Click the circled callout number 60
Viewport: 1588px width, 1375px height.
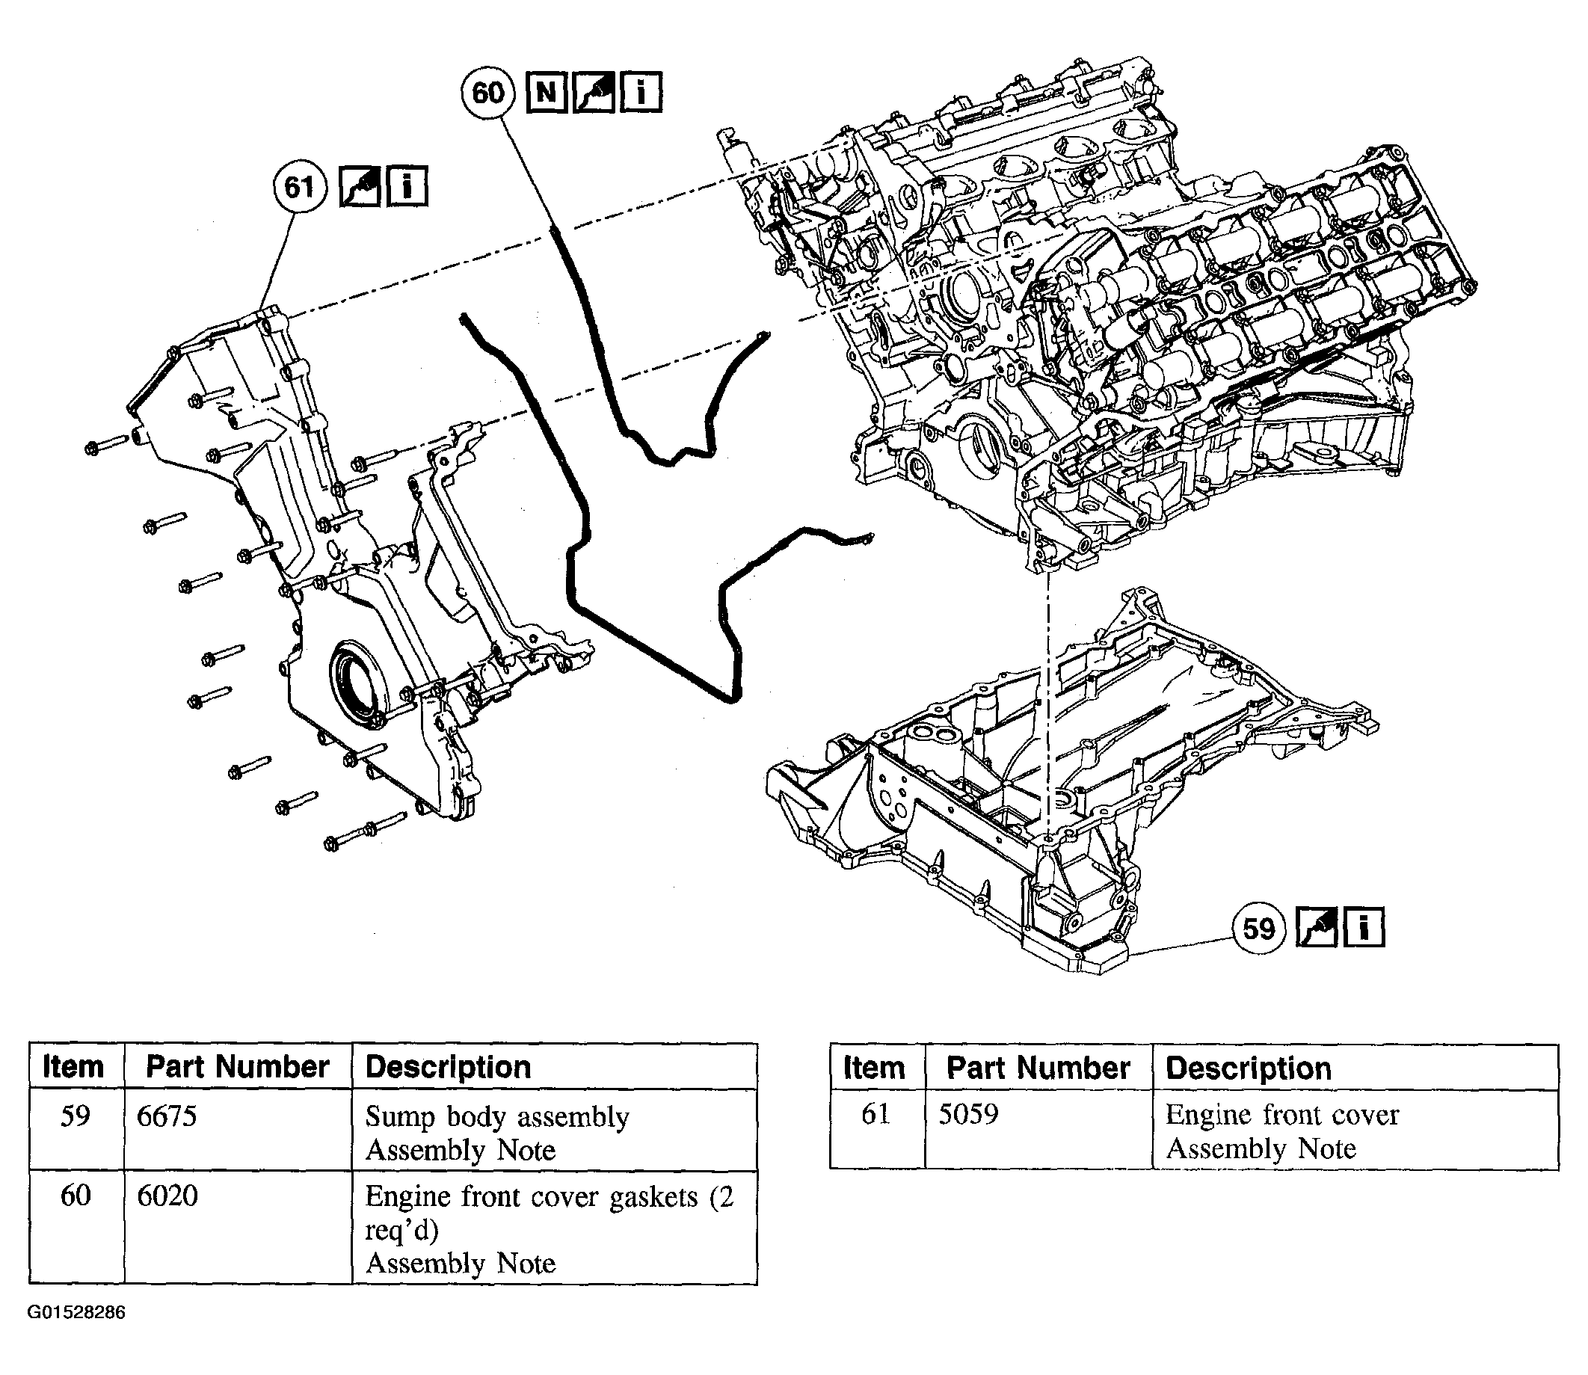tap(488, 93)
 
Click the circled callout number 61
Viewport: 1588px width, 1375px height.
tap(299, 187)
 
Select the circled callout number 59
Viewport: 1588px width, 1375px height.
tap(1258, 929)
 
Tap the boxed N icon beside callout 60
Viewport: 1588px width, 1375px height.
tap(547, 93)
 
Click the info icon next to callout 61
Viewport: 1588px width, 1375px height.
tap(407, 187)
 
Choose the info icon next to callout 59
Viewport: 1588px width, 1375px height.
tap(1363, 929)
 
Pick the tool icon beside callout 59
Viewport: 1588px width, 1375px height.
tap(1317, 929)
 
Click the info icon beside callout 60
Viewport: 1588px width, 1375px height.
tap(640, 93)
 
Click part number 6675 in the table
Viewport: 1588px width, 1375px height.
tap(167, 1116)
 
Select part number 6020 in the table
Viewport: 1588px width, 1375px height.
tap(167, 1196)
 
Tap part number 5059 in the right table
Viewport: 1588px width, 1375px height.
tap(968, 1114)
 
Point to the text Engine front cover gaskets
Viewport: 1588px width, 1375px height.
tap(531, 1196)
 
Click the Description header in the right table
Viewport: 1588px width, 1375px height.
tap(1248, 1068)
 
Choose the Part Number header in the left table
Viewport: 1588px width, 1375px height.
tap(238, 1066)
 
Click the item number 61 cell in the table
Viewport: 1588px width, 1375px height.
tap(875, 1114)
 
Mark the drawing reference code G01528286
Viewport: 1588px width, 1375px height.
tap(77, 1311)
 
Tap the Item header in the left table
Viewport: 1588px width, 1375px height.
tap(74, 1066)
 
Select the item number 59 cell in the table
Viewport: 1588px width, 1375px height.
tap(76, 1116)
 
